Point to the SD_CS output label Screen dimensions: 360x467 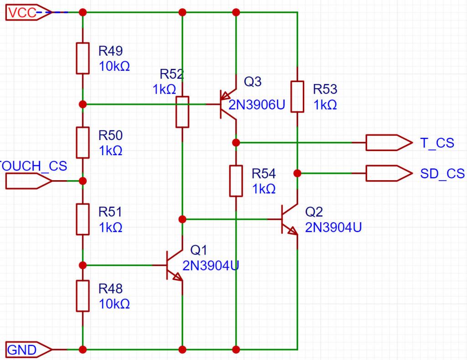tap(442, 173)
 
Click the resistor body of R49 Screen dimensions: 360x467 tap(83, 58)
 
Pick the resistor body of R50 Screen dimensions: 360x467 tap(83, 143)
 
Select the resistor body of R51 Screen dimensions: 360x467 tap(83, 219)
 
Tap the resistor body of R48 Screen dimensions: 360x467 tap(83, 296)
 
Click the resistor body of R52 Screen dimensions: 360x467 tap(182, 112)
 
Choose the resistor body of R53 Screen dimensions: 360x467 tap(297, 97)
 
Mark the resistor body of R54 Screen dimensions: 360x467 tap(236, 181)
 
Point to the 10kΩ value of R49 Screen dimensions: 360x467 tap(114, 66)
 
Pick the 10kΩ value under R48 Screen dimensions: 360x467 tap(114, 304)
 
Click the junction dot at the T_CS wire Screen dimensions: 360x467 tap(236, 143)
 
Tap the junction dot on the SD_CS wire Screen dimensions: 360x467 tap(297, 173)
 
